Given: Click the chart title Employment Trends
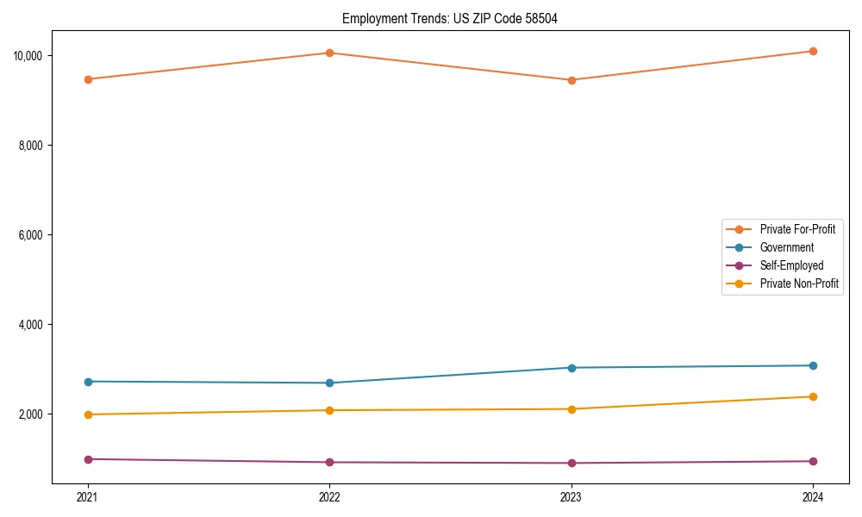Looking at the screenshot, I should [x=450, y=18].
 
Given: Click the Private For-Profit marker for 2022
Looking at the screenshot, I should [x=329, y=53].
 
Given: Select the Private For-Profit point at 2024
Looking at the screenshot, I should [x=813, y=51].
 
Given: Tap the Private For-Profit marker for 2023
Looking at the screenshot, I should [x=572, y=80].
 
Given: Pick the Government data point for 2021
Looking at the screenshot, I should [x=87, y=382].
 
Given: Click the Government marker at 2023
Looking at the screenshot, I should [x=572, y=368].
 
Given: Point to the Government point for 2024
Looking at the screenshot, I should [x=813, y=365].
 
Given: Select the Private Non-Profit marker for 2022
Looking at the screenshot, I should [x=329, y=410].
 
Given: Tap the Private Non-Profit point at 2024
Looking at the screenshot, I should [x=813, y=396].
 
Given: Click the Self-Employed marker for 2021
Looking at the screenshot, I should [x=87, y=459].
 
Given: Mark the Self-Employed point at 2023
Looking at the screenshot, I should [x=572, y=463].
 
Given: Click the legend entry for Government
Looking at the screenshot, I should [x=786, y=247].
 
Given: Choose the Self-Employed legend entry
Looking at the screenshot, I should [x=791, y=265].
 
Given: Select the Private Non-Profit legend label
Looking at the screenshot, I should [x=799, y=283].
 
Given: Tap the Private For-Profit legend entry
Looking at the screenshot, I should [x=797, y=229].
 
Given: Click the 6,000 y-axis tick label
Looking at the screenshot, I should [x=35, y=235].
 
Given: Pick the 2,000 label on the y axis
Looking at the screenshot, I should [x=35, y=414].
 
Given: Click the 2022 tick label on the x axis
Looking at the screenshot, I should [x=329, y=497].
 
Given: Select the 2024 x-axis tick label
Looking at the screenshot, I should [x=813, y=497].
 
